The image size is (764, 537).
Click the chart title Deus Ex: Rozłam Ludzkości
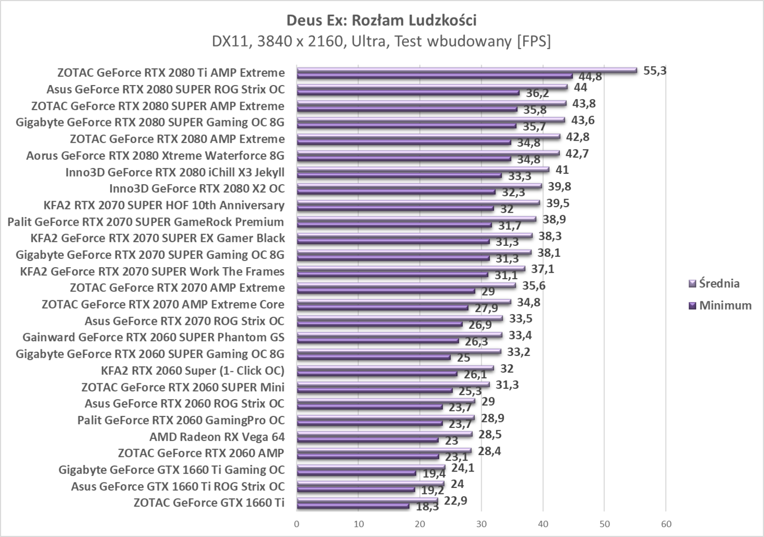(x=381, y=21)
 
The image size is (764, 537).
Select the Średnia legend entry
(x=719, y=283)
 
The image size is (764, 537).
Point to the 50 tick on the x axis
(x=604, y=524)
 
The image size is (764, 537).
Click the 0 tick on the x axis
(x=297, y=524)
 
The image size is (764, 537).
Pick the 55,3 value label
(x=655, y=70)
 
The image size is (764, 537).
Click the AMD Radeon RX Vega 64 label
(x=217, y=437)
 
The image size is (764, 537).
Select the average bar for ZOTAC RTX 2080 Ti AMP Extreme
(x=467, y=70)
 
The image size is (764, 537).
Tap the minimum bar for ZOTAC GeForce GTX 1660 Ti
(x=353, y=506)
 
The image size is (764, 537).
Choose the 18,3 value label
(x=427, y=507)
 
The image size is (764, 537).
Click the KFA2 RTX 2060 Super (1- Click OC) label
(x=193, y=371)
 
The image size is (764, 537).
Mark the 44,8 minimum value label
(x=590, y=77)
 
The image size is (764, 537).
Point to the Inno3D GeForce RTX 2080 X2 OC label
(x=196, y=189)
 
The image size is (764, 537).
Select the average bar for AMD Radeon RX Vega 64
(x=384, y=434)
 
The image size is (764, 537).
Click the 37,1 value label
(x=542, y=269)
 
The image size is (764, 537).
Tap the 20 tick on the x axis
(x=420, y=524)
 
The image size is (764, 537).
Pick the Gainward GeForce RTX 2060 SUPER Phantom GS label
(x=153, y=337)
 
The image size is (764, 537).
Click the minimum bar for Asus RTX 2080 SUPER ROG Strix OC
(x=408, y=93)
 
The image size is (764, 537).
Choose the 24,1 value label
(x=463, y=467)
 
